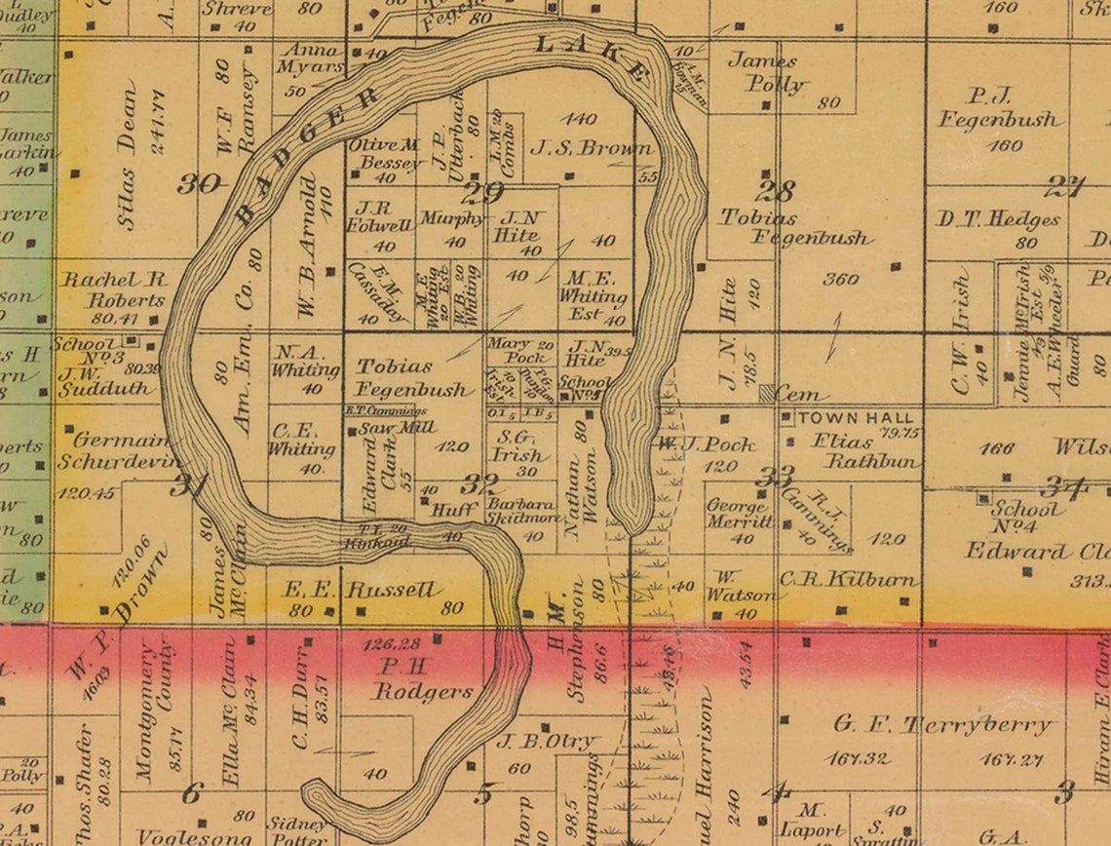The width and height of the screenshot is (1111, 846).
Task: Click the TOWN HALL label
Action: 857,417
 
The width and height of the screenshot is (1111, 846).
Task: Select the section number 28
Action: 775,191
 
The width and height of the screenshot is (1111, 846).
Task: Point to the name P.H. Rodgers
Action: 422,681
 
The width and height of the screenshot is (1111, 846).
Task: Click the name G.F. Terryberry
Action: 943,725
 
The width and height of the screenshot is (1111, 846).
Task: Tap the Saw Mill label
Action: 381,428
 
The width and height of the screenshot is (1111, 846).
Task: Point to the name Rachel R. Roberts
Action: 113,289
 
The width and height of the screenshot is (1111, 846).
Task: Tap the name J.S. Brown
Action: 591,149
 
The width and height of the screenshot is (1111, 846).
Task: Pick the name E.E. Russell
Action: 362,591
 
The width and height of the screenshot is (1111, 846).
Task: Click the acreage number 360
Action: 840,279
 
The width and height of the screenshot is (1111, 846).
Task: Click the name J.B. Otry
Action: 546,742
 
